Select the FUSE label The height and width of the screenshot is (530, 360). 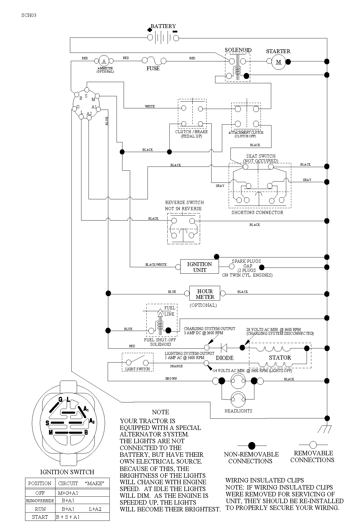(x=153, y=69)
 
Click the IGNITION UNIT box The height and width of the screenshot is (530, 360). (x=199, y=267)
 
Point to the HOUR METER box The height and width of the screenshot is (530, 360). (x=205, y=294)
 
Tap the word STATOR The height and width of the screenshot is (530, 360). (x=280, y=358)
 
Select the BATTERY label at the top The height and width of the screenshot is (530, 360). (x=163, y=26)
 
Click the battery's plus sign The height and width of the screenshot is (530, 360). (x=150, y=30)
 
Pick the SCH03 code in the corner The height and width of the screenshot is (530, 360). (x=29, y=15)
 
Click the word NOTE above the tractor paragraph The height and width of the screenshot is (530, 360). (x=161, y=412)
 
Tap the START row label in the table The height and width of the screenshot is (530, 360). (x=40, y=517)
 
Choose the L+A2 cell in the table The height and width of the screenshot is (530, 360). (x=95, y=509)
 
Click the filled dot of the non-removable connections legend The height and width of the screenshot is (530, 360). (x=252, y=445)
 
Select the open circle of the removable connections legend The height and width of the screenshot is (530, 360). (x=313, y=445)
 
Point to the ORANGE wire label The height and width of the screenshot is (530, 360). (x=176, y=366)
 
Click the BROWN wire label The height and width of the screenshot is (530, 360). (x=171, y=379)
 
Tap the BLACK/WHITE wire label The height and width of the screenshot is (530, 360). (x=156, y=265)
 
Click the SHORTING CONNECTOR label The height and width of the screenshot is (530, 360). (x=257, y=212)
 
